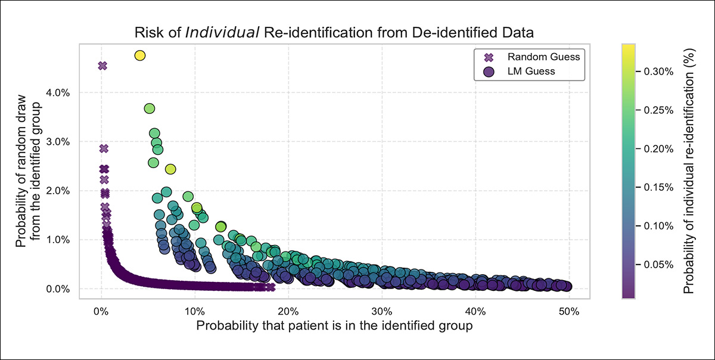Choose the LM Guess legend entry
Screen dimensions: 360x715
(530, 72)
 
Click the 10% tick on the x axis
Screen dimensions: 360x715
(194, 311)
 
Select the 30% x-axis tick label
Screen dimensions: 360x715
(381, 311)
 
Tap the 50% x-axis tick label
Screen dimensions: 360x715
(568, 311)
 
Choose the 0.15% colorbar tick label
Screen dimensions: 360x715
(659, 187)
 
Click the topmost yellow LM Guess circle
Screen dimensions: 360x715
(140, 55)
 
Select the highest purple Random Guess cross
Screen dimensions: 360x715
(102, 66)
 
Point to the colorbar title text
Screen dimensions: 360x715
(689, 170)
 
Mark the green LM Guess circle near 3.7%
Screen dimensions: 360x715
(150, 108)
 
